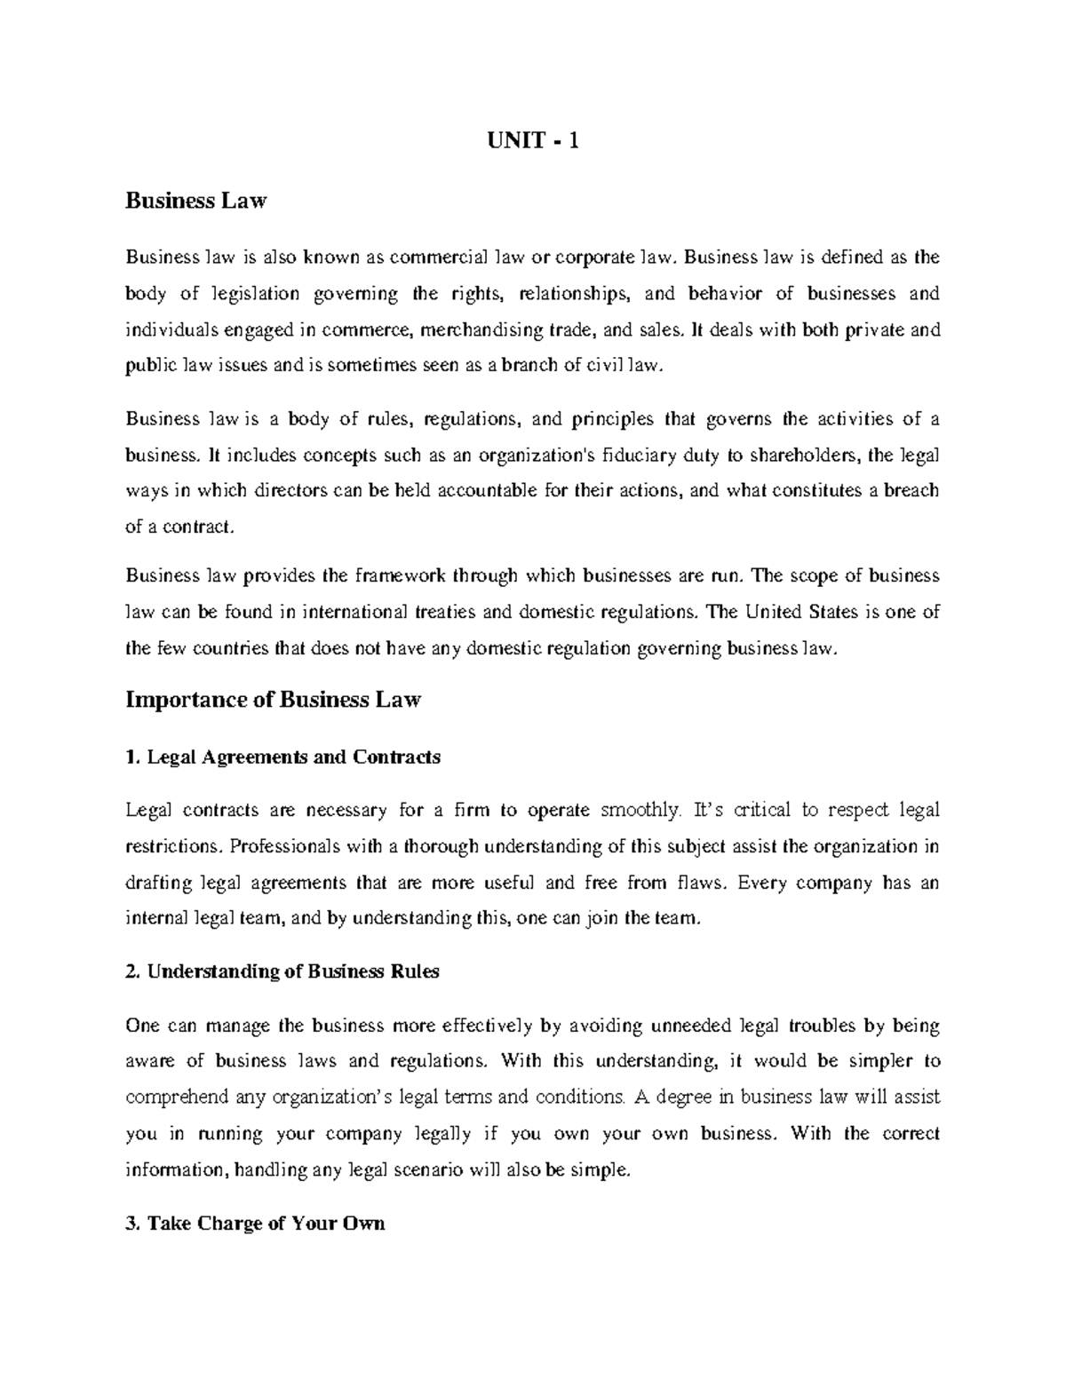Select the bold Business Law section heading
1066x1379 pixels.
click(195, 202)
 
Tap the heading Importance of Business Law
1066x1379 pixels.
click(273, 700)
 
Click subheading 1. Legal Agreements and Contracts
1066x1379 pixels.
click(283, 757)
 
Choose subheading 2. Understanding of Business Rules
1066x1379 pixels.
click(282, 971)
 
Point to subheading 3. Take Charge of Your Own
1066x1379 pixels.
click(255, 1224)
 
